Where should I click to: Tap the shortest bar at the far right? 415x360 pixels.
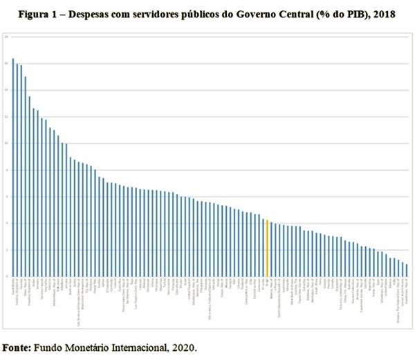coord(407,270)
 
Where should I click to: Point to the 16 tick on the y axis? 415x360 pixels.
coord(5,63)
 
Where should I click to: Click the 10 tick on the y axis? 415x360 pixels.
coord(5,143)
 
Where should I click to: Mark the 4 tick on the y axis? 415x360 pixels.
coord(5,224)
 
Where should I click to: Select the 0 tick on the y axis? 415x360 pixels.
coord(5,276)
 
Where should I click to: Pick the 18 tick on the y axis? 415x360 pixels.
coord(5,36)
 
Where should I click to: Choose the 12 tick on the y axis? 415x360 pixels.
coord(5,116)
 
